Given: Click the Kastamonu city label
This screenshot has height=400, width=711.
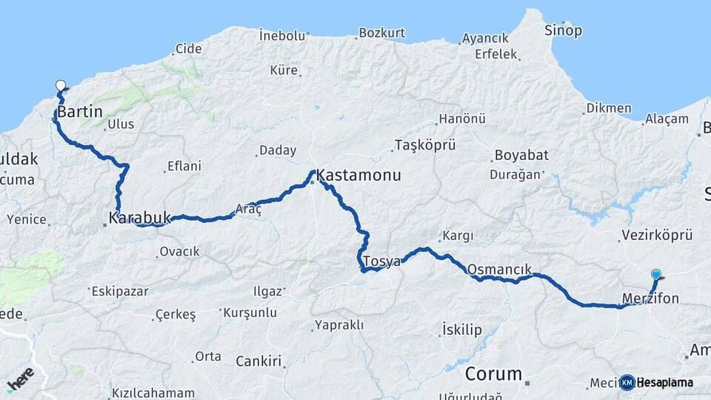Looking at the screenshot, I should (x=358, y=176).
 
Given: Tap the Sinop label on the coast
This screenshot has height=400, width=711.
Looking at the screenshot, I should (x=563, y=30).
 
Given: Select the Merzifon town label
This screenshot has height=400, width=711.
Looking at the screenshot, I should (x=650, y=299).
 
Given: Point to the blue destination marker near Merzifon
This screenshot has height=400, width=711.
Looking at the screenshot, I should (x=655, y=275).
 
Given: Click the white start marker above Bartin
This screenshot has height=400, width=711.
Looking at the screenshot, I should (x=60, y=86).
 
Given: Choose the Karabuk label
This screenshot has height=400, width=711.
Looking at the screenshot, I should (x=139, y=218).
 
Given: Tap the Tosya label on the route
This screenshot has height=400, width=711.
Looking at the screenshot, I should (x=381, y=261).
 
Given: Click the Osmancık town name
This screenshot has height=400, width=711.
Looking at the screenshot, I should (x=500, y=269).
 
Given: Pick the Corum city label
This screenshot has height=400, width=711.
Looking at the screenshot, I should (x=493, y=373).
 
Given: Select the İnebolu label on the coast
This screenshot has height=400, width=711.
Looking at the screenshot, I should (x=282, y=35).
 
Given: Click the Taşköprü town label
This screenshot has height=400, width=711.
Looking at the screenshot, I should (x=425, y=144).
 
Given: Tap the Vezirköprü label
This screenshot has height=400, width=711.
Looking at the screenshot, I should (x=655, y=236).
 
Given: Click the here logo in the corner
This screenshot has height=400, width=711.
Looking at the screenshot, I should (x=20, y=379).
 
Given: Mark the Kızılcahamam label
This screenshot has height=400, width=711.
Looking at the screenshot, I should (x=153, y=393).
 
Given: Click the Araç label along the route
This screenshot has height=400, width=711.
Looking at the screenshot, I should (x=248, y=210).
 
